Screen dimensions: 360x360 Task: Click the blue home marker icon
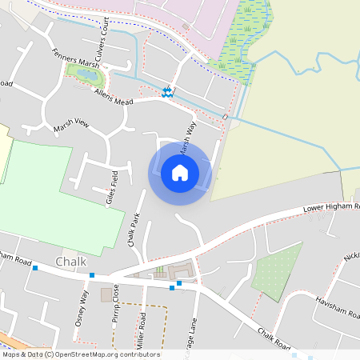pos(179,172)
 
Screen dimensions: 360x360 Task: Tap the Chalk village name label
pos(71,262)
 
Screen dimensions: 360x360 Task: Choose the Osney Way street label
pos(82,304)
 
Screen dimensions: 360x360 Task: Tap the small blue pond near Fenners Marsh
pos(85,74)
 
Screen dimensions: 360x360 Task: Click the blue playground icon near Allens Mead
pos(167,92)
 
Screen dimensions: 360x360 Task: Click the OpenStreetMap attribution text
pos(81,354)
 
